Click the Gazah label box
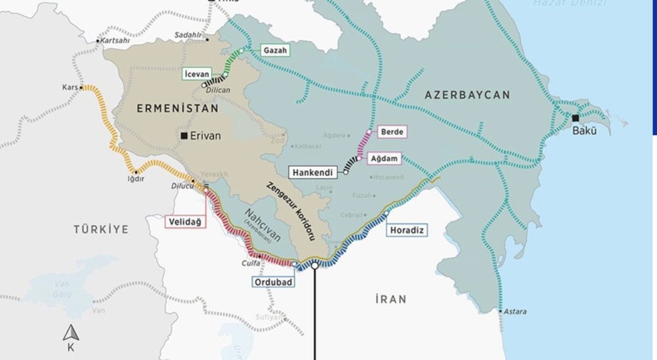[275, 50]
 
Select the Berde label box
[393, 132]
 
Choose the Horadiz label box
[407, 230]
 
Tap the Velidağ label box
[186, 222]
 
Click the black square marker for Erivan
[184, 135]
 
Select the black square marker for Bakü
[575, 118]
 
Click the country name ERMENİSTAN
[177, 108]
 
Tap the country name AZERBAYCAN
[467, 95]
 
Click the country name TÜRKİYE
[101, 229]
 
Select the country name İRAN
[390, 299]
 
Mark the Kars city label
[71, 88]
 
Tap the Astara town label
[516, 312]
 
